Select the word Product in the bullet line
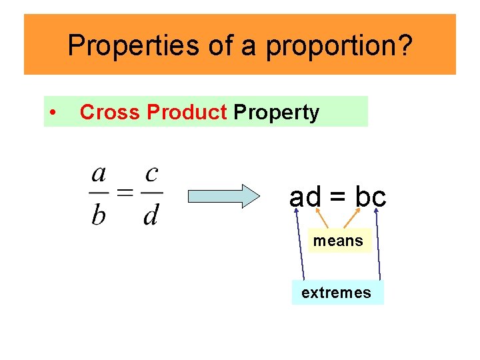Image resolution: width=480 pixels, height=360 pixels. [x=187, y=113]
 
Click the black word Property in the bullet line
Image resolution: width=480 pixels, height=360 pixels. [x=276, y=113]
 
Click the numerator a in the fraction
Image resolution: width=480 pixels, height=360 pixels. [x=99, y=174]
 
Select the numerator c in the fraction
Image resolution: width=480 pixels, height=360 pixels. [x=151, y=174]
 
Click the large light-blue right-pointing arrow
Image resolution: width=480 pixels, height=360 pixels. [x=223, y=196]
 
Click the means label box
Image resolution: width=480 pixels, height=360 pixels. [x=338, y=241]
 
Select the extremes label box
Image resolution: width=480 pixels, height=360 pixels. [x=337, y=293]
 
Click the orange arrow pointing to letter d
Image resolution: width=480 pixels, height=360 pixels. [x=322, y=219]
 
